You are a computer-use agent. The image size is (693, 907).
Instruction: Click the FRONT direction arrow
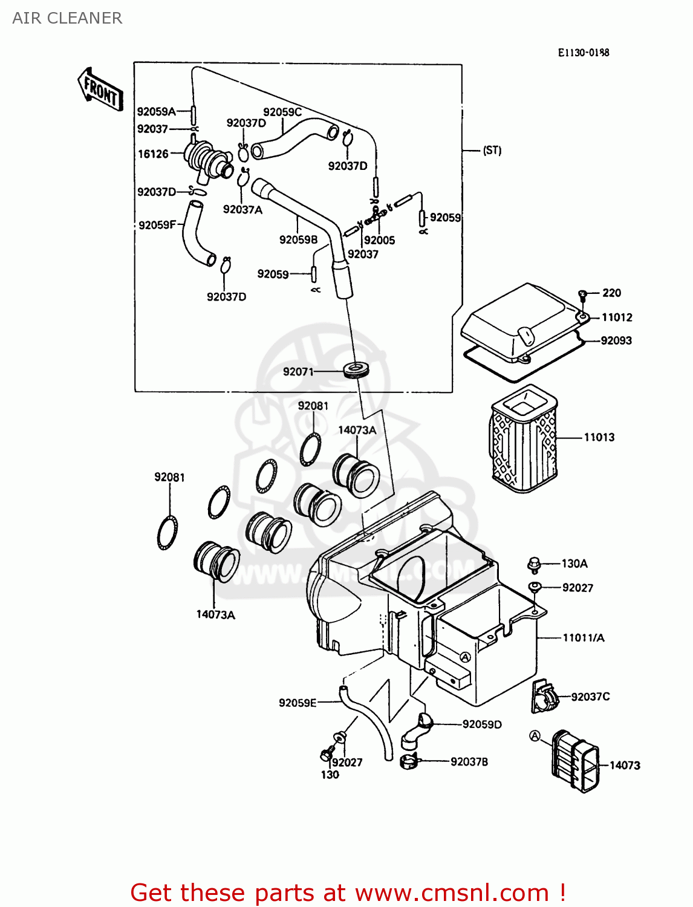tap(100, 91)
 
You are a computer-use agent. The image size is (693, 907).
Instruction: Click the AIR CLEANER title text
tap(67, 18)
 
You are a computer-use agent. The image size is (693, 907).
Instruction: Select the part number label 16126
tap(153, 154)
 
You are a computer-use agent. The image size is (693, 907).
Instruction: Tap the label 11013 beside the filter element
tap(599, 437)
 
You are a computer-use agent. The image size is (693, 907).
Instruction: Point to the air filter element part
tap(524, 439)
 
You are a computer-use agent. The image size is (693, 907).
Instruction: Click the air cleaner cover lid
tap(520, 320)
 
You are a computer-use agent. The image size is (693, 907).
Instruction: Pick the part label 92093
tap(616, 340)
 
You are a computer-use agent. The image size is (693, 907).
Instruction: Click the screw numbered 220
tap(583, 294)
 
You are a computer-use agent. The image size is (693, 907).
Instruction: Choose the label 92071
tap(298, 371)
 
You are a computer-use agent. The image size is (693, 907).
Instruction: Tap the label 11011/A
tap(583, 637)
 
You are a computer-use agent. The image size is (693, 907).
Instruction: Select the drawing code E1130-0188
tap(584, 53)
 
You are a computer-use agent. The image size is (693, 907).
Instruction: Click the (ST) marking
tap(492, 150)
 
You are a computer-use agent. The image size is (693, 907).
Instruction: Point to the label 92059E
tap(298, 703)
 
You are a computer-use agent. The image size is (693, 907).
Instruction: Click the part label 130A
tap(574, 564)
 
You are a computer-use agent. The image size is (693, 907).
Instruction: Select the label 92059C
tap(282, 112)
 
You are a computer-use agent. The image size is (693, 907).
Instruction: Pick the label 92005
tap(379, 240)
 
